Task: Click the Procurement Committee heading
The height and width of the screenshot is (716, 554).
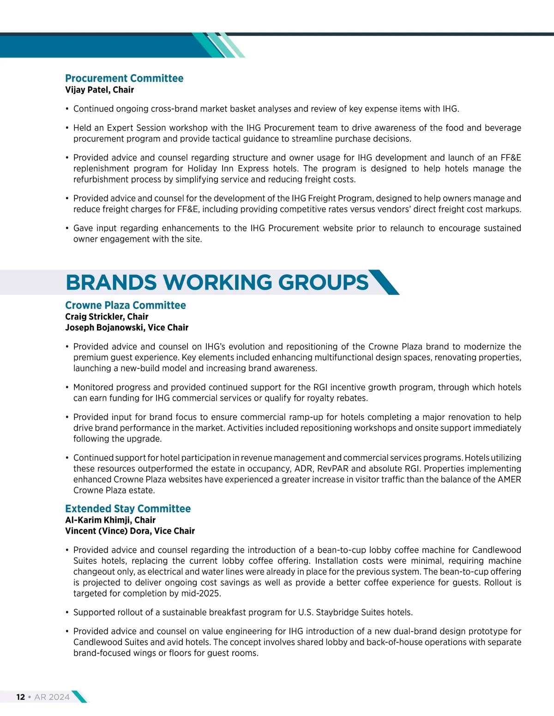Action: point(124,78)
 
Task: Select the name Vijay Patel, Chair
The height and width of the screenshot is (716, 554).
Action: point(99,90)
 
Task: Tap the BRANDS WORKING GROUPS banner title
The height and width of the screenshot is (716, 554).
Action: point(217,282)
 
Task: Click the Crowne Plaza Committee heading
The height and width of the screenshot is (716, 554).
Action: point(126,305)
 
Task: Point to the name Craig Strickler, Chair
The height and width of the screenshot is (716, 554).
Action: point(107,317)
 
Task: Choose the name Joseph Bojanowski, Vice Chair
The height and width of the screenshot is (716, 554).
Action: point(126,328)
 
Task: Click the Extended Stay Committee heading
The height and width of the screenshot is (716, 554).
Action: point(128,509)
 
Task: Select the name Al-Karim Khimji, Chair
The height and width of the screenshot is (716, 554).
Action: point(110,520)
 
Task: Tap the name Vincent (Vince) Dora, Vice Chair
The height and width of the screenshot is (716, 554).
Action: point(130,531)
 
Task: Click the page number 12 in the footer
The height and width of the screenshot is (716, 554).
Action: point(21,697)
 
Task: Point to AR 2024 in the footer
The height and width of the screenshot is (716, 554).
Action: point(52,697)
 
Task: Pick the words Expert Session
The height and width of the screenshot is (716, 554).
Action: point(136,128)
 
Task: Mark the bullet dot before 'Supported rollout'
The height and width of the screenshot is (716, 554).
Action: point(67,613)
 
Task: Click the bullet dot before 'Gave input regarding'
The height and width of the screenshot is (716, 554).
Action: point(67,228)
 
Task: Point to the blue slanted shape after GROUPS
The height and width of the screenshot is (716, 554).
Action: point(384,282)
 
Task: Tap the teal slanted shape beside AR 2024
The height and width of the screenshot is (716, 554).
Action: point(79,697)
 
